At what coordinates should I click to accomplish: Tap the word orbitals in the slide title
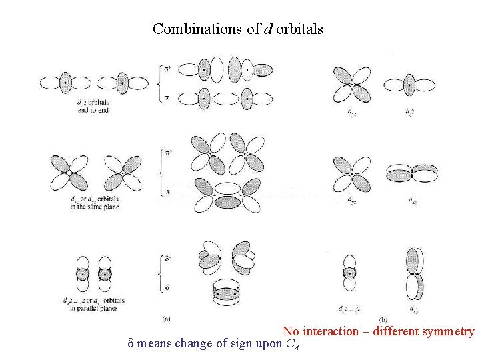[x=298, y=29]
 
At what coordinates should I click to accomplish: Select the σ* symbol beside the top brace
[x=167, y=68]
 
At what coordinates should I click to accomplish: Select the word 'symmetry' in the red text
[x=447, y=331]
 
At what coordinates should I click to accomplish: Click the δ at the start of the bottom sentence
[x=131, y=344]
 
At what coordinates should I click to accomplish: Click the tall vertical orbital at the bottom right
[x=414, y=273]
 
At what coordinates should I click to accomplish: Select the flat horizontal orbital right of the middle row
[x=413, y=173]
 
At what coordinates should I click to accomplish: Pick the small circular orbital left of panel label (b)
[x=349, y=273]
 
